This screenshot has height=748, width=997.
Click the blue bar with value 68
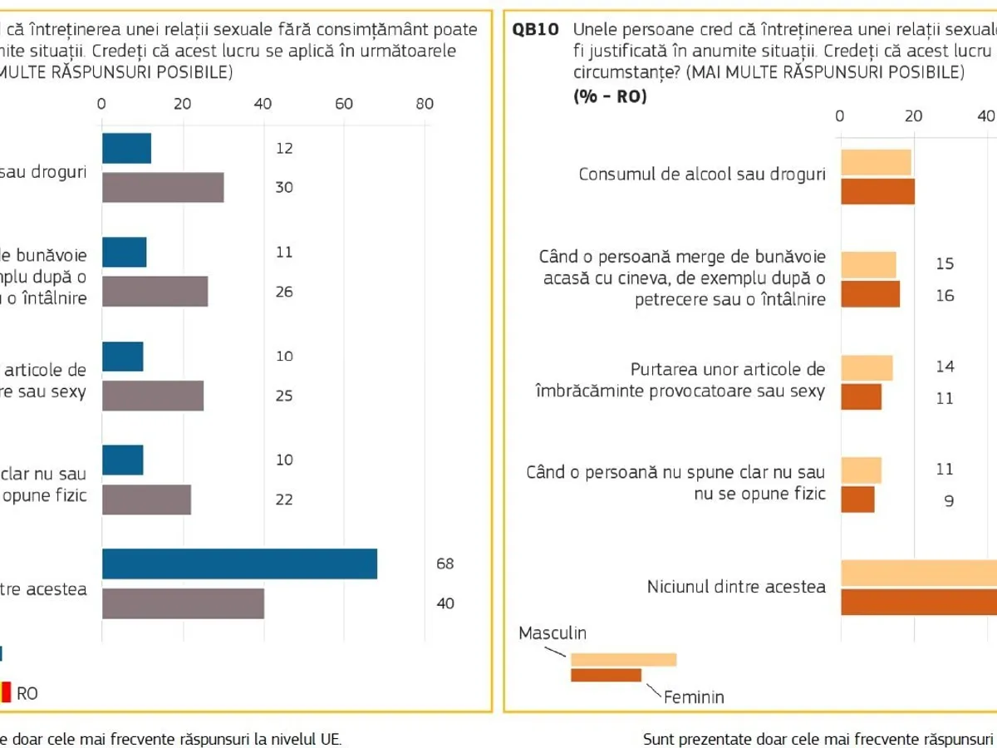point(239,563)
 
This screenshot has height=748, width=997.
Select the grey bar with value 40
point(183,603)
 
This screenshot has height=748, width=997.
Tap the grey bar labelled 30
point(163,188)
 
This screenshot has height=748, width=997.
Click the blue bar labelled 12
point(126,148)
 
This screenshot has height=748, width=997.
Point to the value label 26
point(284,292)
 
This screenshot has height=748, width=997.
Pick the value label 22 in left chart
point(284,499)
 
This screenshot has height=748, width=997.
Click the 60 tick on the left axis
point(344,104)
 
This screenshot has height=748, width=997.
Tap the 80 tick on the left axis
point(425,104)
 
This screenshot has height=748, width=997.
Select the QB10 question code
point(535,30)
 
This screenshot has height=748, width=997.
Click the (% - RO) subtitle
point(610,96)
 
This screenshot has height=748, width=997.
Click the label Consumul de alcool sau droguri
point(702,175)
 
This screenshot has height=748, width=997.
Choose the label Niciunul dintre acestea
point(736,587)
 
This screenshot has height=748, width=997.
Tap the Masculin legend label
point(553,633)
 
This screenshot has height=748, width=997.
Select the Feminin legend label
point(694,697)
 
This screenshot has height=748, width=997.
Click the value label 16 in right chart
point(945,295)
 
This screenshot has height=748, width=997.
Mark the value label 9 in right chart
point(948,501)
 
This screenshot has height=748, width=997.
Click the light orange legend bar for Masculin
point(623,660)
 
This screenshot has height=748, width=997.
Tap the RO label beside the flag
point(27,693)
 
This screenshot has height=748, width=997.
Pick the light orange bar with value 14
point(867,367)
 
